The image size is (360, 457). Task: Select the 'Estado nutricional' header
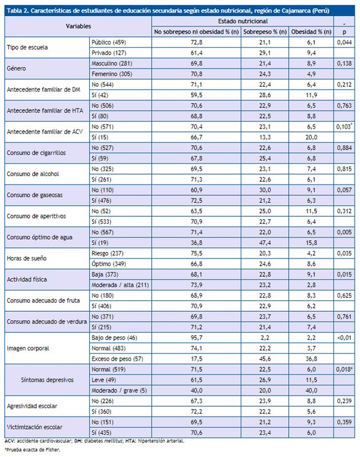(x=243, y=21)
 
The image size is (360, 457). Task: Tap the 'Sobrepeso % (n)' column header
(x=265, y=32)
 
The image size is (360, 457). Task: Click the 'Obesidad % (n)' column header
(x=312, y=32)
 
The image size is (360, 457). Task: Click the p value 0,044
(x=345, y=43)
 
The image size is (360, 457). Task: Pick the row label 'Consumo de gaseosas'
(x=32, y=195)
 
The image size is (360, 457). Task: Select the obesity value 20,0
(x=311, y=137)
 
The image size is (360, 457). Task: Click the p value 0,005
(x=345, y=232)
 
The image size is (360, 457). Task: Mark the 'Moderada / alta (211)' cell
(x=120, y=285)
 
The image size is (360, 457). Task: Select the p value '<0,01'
(x=345, y=337)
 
